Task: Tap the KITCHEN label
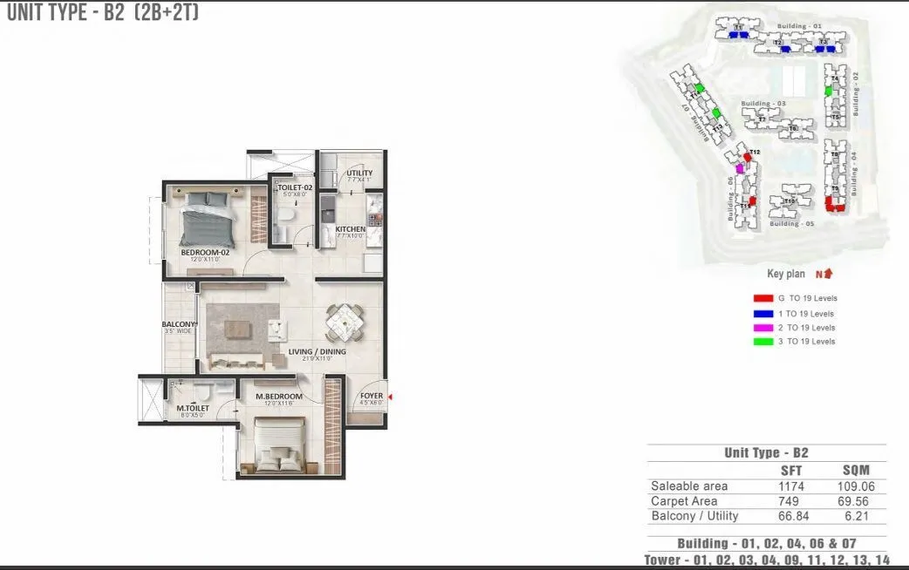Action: coord(351,230)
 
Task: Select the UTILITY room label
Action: coord(359,173)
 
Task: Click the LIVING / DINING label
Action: coord(318,352)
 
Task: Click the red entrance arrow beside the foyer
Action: coord(389,398)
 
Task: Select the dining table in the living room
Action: coord(345,323)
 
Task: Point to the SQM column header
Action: coord(856,470)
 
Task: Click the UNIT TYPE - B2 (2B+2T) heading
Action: coord(103,13)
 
